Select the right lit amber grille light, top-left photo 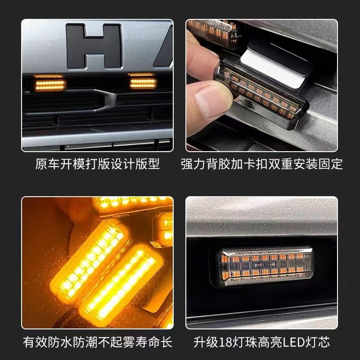[143, 83]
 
